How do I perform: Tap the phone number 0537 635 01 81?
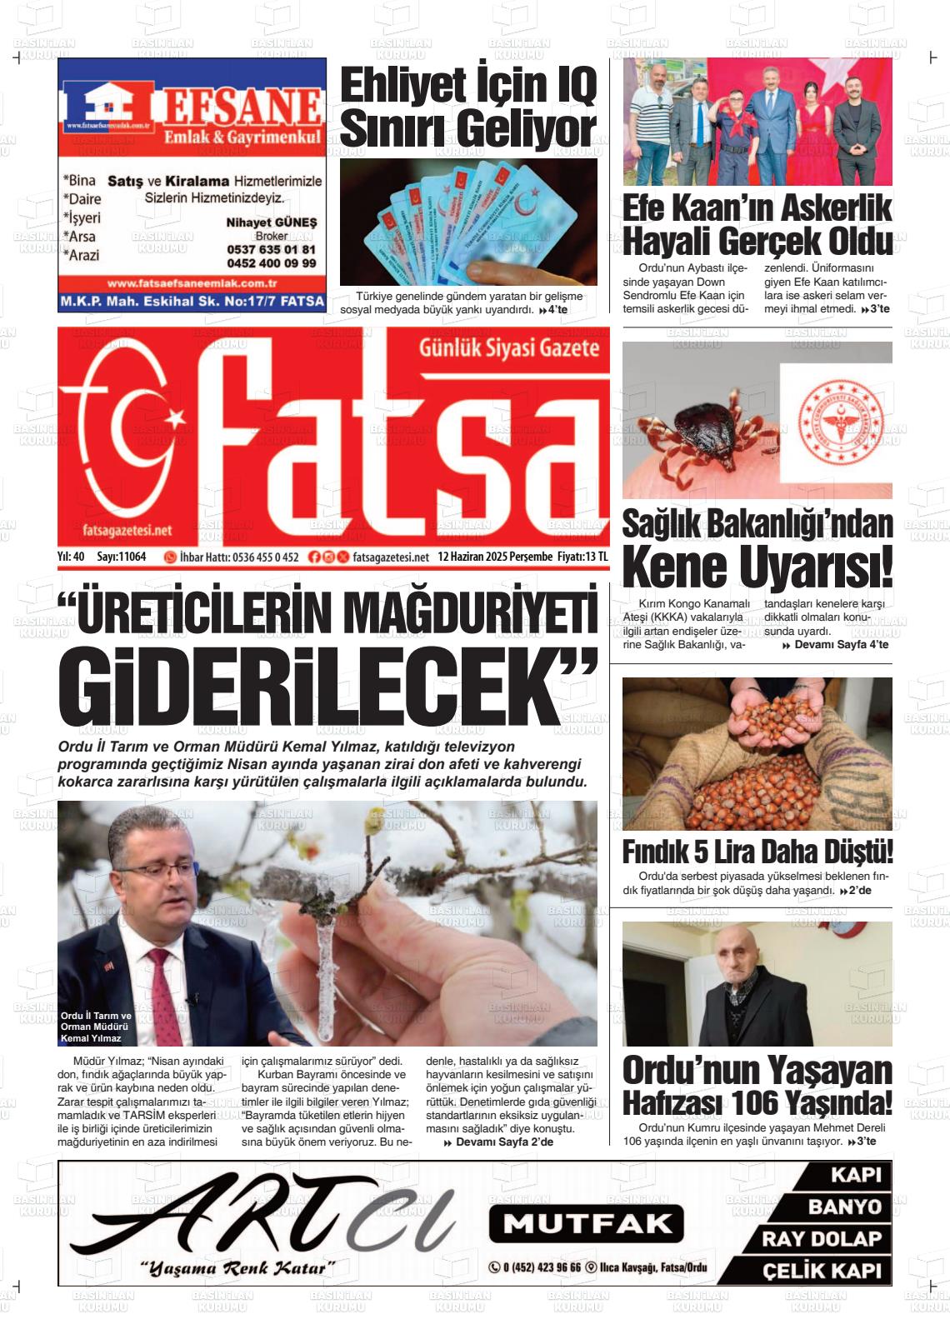271,250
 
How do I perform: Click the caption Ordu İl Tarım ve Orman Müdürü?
96,1022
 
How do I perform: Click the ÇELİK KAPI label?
822,1271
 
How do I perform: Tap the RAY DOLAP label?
822,1239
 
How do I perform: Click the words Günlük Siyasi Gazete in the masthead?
509,347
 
